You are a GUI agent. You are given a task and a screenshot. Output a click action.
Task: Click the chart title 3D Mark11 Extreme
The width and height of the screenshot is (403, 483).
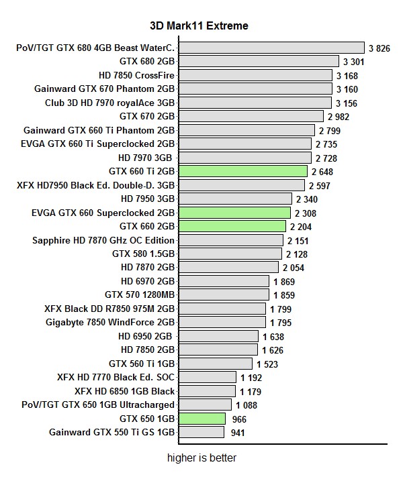pos(199,26)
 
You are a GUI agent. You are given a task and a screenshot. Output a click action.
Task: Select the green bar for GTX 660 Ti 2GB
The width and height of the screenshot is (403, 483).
pos(242,171)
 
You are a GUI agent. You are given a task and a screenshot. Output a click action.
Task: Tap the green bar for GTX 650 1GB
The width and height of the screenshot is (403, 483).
pos(201,419)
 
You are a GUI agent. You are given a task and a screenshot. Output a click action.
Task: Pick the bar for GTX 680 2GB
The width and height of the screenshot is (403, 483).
pos(259,61)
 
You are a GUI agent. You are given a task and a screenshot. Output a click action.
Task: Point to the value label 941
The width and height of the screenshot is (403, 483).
pos(238,433)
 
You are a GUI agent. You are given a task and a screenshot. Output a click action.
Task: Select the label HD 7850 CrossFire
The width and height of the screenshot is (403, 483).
pos(136,74)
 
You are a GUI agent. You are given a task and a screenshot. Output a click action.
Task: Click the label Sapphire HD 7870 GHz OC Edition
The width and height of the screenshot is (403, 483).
pos(103,240)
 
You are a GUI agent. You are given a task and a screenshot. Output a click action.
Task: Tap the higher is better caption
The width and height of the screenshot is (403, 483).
pos(201,459)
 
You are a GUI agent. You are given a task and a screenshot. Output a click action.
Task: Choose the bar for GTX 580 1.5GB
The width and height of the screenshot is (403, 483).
pos(230,254)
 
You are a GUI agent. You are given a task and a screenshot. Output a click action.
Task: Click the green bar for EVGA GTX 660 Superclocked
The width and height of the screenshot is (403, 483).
pos(234,213)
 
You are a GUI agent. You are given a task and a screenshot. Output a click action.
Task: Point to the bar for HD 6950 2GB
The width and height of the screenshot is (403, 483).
pos(218,336)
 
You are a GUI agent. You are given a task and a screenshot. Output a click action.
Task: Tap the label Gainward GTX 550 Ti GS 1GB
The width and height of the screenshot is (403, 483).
pos(111,433)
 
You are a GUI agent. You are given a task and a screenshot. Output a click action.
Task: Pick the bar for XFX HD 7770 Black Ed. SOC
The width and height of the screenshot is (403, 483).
pos(207,378)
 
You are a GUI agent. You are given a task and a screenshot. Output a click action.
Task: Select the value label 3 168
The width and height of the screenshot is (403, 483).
pos(347,75)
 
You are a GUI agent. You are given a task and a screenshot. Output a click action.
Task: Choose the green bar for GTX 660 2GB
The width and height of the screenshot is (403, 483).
pos(232,226)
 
